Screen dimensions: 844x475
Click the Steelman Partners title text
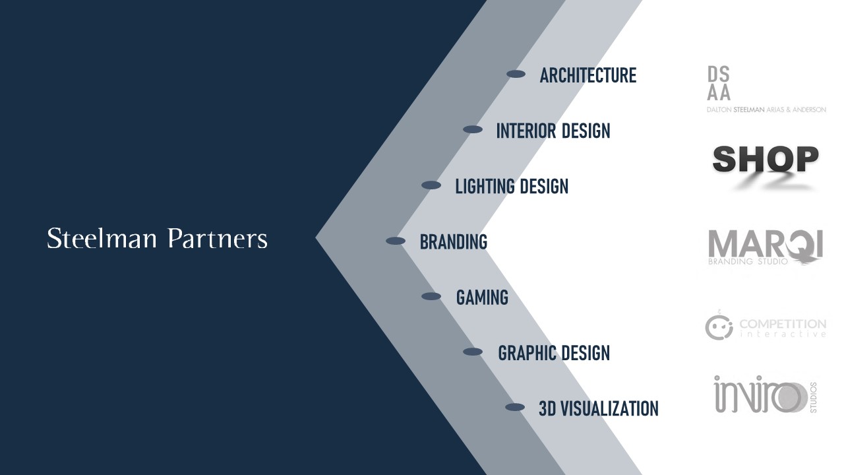click(157, 238)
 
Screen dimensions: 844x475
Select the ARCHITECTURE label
click(588, 75)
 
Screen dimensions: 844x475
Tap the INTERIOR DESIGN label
click(553, 131)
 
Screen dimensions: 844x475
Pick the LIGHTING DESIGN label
click(512, 186)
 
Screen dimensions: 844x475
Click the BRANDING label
click(453, 241)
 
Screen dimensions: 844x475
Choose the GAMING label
click(482, 298)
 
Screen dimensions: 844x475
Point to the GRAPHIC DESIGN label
click(553, 353)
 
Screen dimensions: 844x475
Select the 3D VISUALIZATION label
click(598, 408)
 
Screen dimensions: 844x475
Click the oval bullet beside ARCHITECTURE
click(516, 74)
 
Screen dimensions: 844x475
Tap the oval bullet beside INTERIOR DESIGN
click(473, 129)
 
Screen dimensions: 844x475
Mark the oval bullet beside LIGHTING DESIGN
click(431, 185)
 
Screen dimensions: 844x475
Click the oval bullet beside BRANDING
click(396, 241)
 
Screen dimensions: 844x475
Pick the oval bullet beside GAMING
click(431, 296)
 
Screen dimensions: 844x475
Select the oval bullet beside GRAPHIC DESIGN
click(473, 352)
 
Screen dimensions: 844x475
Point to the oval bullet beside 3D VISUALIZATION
click(515, 407)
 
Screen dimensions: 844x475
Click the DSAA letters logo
click(719, 83)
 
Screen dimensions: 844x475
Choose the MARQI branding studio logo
click(766, 247)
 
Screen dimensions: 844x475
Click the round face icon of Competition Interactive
click(719, 327)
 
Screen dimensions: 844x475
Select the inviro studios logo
click(766, 395)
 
